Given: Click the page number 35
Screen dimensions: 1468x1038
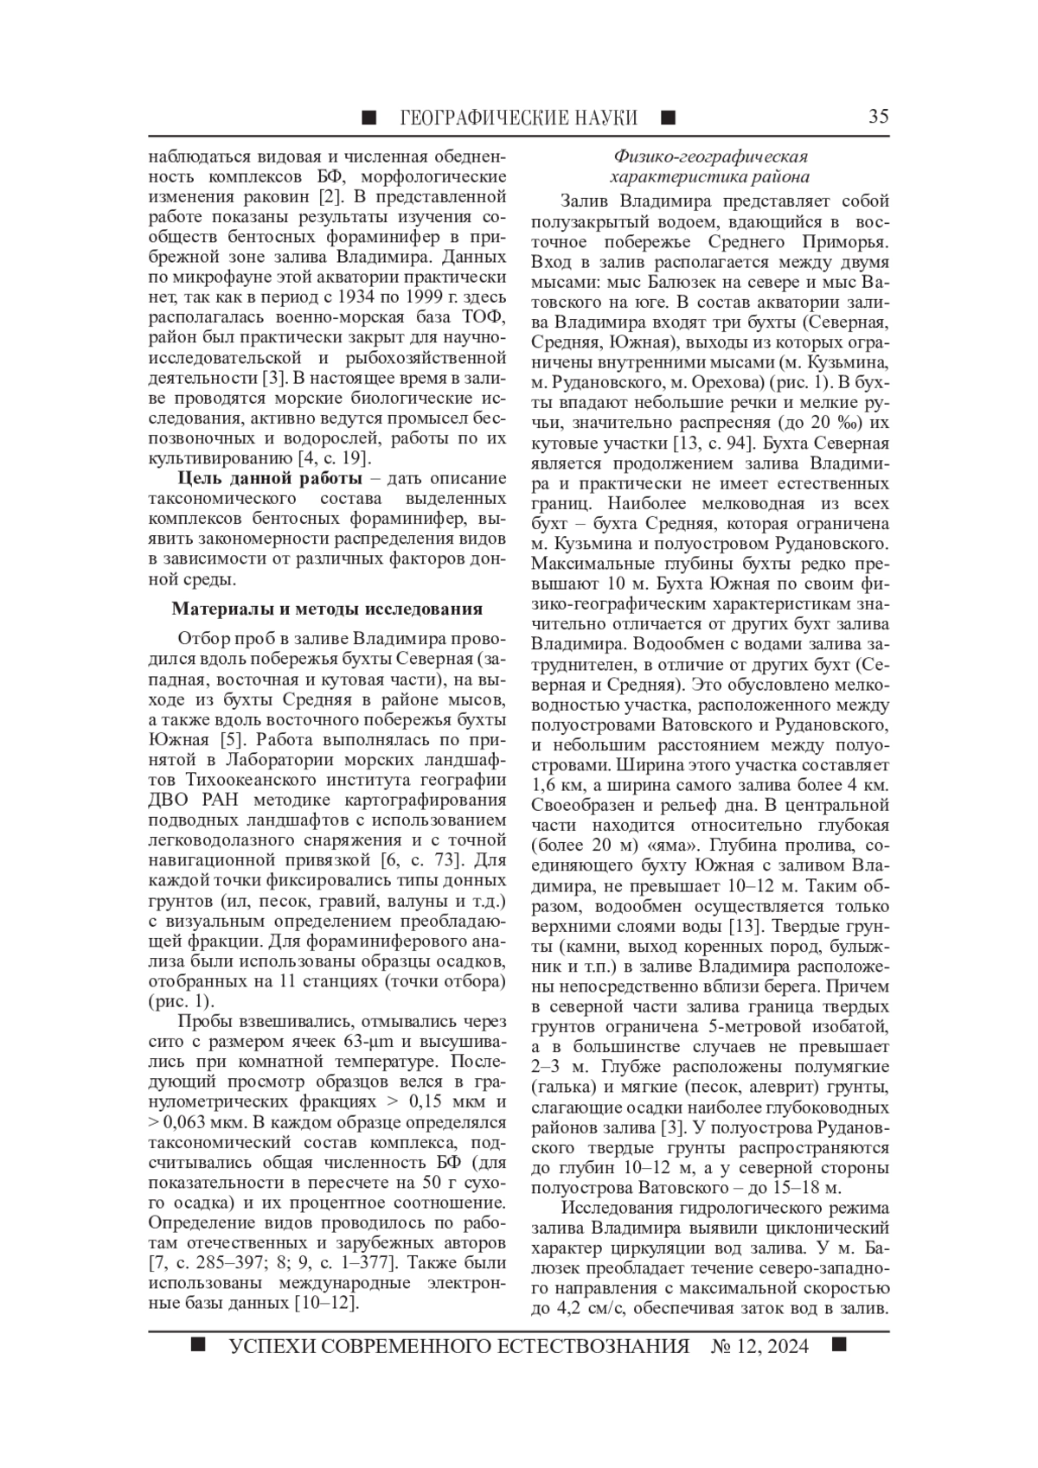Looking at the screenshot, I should tap(878, 117).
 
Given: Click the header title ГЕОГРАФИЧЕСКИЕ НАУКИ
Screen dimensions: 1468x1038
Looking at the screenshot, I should tap(519, 118).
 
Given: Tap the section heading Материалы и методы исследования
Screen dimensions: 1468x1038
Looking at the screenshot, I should tap(327, 609).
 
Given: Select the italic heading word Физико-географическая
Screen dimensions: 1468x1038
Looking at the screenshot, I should tap(710, 156).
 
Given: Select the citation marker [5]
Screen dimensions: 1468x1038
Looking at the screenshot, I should tap(231, 740).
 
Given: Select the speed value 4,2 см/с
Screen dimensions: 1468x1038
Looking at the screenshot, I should tap(580, 1310).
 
